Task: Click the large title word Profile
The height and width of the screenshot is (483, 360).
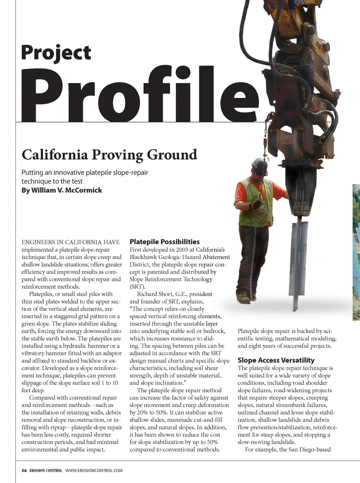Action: click(139, 95)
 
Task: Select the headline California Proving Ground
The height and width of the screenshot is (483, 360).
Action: click(109, 155)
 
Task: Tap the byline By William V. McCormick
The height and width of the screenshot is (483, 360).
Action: click(61, 190)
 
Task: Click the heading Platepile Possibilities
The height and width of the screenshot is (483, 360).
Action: click(165, 242)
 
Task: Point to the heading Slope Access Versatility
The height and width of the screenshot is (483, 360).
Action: click(276, 360)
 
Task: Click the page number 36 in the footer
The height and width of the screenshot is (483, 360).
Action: click(24, 471)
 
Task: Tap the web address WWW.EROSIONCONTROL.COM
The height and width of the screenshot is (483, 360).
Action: click(94, 471)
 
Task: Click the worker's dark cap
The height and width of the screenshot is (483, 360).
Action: click(259, 164)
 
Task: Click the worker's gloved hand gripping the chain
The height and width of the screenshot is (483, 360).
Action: click(256, 204)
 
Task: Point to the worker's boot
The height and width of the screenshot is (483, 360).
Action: click(244, 298)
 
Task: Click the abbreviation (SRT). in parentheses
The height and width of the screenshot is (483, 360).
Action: click(137, 287)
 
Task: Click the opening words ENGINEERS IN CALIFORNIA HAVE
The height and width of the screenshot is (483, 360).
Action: click(70, 242)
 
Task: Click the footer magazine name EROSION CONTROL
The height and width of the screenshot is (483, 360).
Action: click(46, 471)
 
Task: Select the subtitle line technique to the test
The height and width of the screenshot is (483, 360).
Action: click(52, 181)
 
